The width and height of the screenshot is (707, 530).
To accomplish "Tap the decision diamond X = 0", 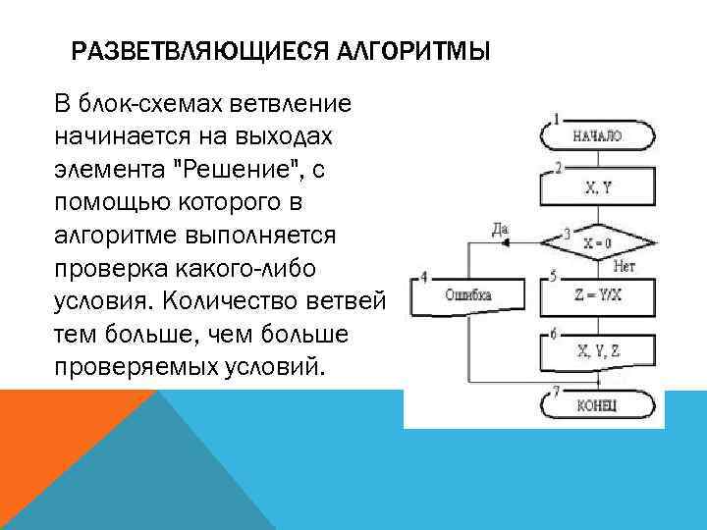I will click(x=597, y=241).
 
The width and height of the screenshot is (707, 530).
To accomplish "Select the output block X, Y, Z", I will click(x=597, y=349).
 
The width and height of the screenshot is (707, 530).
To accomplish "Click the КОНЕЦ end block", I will click(x=597, y=404).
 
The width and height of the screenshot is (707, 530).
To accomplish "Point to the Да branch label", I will click(x=500, y=231).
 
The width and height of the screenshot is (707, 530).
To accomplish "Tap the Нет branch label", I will click(x=625, y=265).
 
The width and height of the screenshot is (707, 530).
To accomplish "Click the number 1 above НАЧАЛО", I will click(x=556, y=120).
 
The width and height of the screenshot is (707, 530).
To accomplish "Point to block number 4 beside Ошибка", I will click(x=423, y=276).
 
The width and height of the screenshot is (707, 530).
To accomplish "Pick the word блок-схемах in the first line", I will click(x=151, y=103).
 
